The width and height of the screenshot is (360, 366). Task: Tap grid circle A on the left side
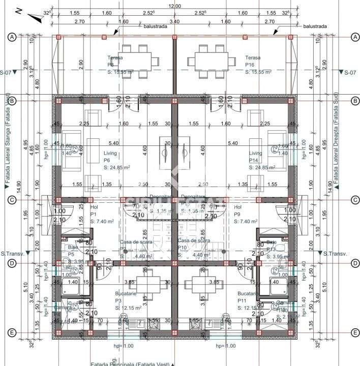pos(13,37)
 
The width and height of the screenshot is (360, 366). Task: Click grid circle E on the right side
pos(355,333)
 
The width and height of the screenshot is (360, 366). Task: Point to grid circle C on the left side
pos(13,200)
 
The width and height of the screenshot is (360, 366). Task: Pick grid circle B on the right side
pos(355,101)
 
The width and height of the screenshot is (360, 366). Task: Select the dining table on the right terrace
pos(214,61)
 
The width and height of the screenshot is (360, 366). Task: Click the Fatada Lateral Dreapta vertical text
pos(336,140)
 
